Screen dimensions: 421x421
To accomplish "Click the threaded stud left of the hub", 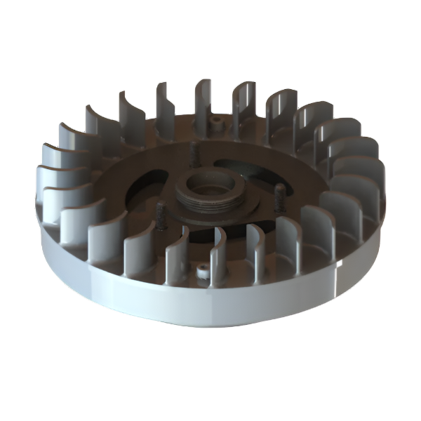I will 159,210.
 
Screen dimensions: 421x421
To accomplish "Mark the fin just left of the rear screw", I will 203,98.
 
